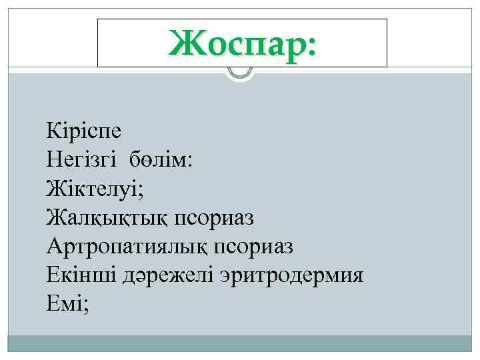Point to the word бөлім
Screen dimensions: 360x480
coord(160,158)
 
